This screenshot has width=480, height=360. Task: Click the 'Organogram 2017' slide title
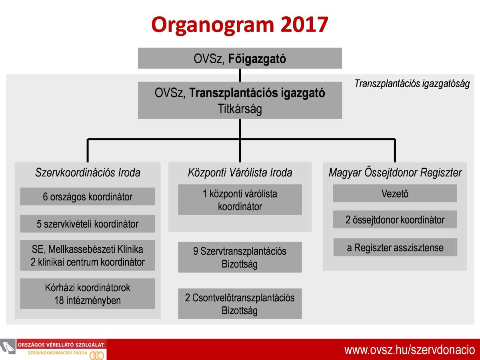coord(240,25)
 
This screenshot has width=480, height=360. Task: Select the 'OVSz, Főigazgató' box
coord(240,58)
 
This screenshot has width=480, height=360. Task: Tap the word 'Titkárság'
coord(240,109)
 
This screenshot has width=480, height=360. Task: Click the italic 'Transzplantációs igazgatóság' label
coord(412,84)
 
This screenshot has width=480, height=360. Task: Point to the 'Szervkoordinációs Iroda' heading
coord(88,172)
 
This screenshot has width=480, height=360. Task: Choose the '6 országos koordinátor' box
coord(88,196)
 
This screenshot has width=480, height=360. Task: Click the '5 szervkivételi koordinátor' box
coord(88,223)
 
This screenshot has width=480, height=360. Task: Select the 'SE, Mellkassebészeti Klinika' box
coord(88,255)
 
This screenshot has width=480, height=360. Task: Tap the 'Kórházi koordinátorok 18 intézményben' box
coord(88,294)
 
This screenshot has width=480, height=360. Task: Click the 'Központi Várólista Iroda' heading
coord(240,172)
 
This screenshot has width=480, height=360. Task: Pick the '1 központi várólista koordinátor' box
coord(240,200)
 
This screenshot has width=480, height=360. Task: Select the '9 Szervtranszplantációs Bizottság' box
coord(240,257)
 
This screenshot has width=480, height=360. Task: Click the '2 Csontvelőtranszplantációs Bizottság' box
coord(240,304)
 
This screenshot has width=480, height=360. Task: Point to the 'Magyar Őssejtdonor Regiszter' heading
coord(395,172)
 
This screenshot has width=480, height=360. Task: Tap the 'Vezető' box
coord(395,193)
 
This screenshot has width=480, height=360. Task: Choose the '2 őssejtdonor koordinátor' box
coord(395,220)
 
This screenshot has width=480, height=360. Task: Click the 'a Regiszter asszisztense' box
coord(395,247)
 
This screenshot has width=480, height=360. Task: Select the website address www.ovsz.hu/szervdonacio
coord(410,350)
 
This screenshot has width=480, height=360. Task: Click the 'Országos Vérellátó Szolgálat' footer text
coord(60,345)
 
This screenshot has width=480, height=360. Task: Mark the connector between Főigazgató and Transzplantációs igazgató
coord(240,75)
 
